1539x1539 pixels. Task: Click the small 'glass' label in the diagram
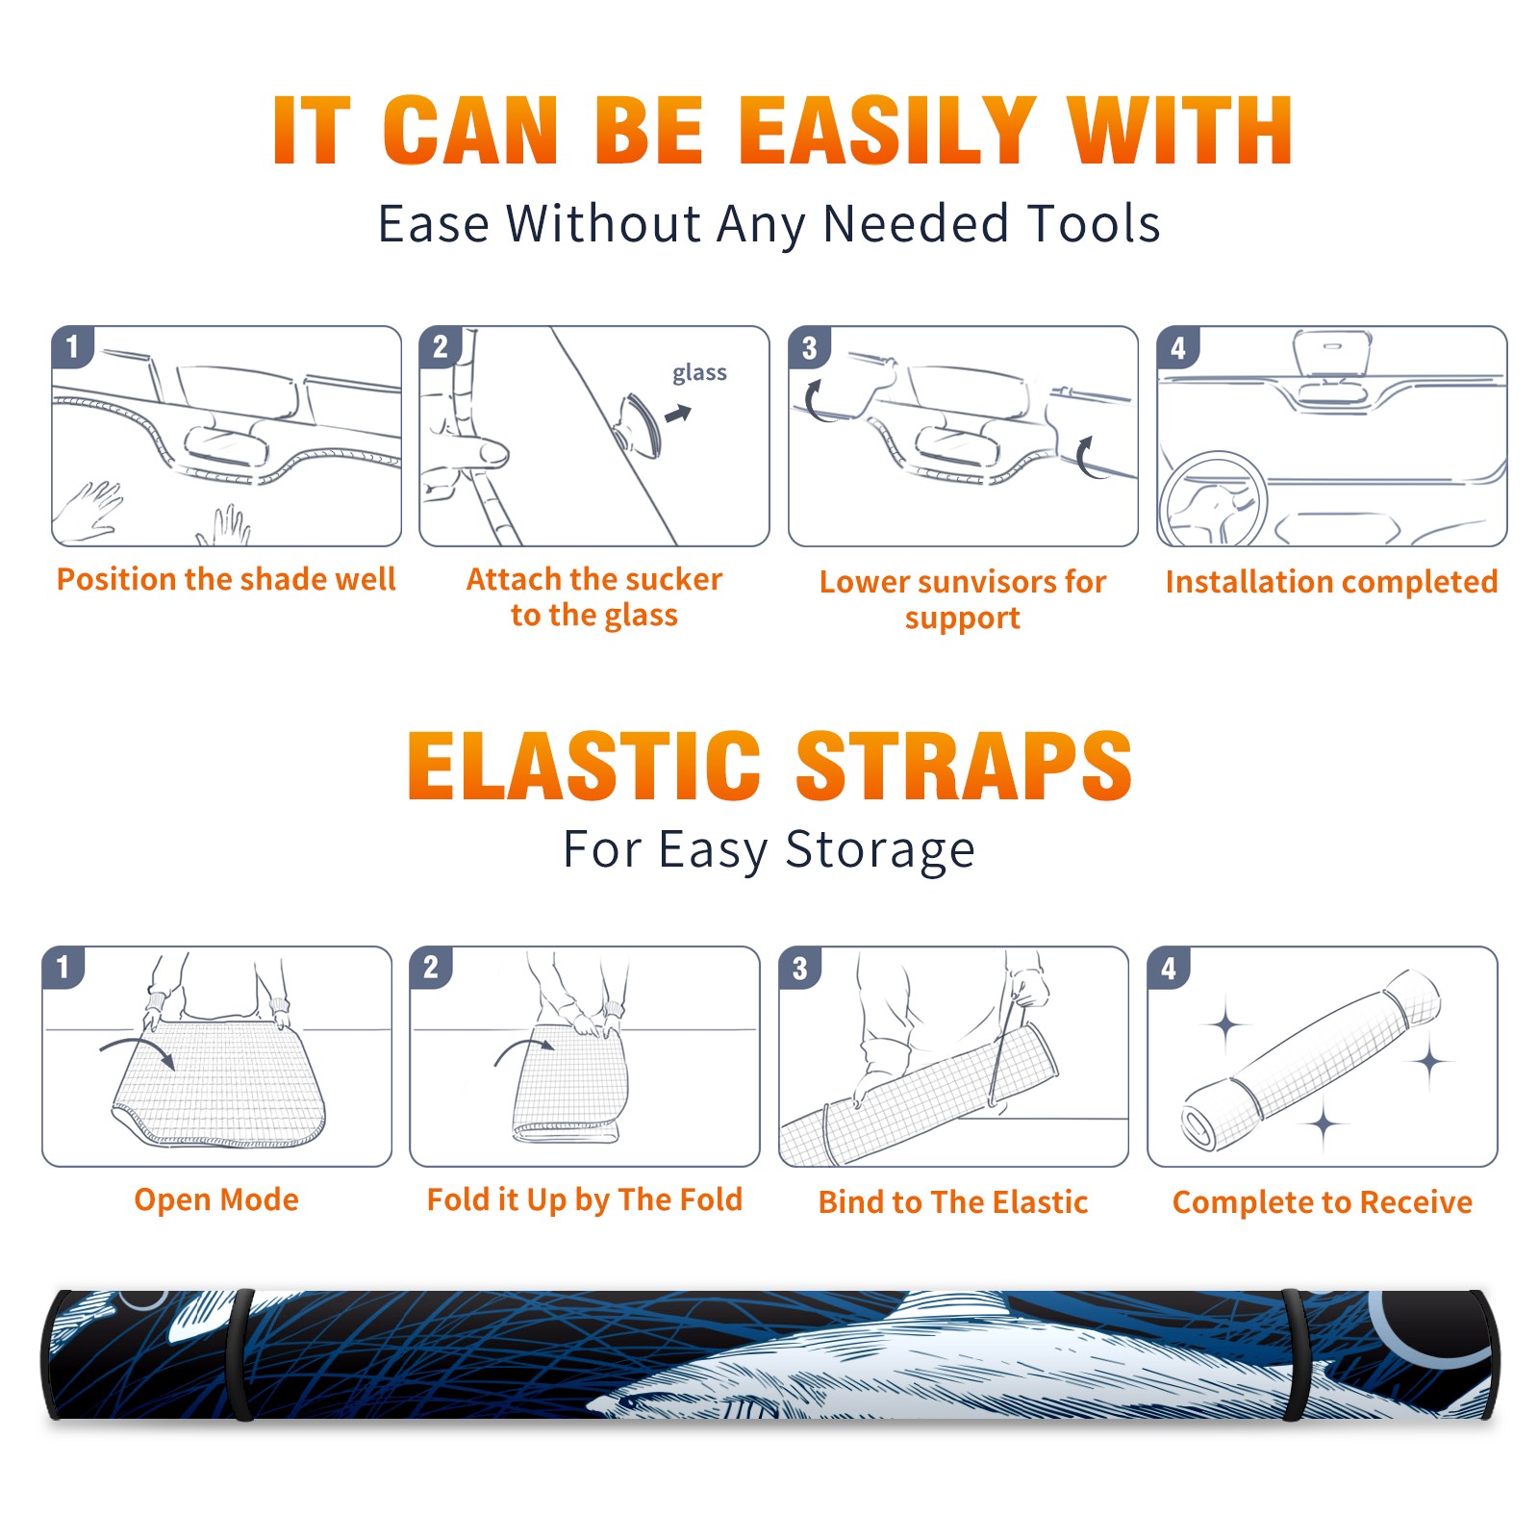[x=699, y=372]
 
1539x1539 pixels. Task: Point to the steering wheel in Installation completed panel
[x=1213, y=500]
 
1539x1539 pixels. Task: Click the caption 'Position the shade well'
[x=226, y=579]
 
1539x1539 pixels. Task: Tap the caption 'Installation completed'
[x=1331, y=581]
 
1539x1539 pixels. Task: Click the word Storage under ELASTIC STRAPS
[x=880, y=850]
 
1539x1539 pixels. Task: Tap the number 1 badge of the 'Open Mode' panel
[x=63, y=967]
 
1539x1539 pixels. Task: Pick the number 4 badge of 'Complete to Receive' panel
[x=1169, y=968]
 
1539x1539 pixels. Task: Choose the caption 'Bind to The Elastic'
[x=952, y=1201]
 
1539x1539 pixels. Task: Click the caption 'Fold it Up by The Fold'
[x=585, y=1199]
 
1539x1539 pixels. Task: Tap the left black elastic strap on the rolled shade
[x=240, y=1355]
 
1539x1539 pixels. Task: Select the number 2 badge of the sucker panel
[x=441, y=347]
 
